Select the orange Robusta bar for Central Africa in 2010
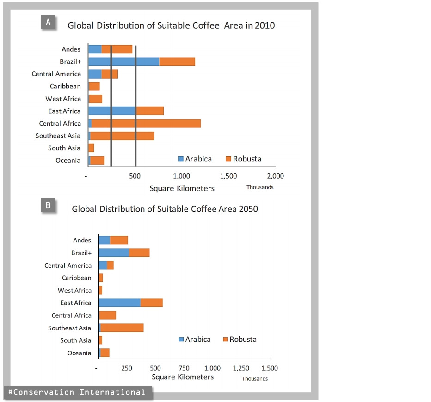(146, 124)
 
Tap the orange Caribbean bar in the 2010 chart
(94, 86)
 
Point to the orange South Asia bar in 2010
(91, 148)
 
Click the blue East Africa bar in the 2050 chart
(119, 303)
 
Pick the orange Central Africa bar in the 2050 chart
(107, 315)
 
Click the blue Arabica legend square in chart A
(181, 159)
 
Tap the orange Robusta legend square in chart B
(225, 340)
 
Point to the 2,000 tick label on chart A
(275, 176)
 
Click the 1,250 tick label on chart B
(241, 369)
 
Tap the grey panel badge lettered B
(48, 205)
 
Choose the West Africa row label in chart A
(63, 99)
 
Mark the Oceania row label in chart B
(79, 353)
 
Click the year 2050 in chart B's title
(248, 209)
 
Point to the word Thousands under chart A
(259, 187)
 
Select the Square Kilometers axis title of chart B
(183, 377)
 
